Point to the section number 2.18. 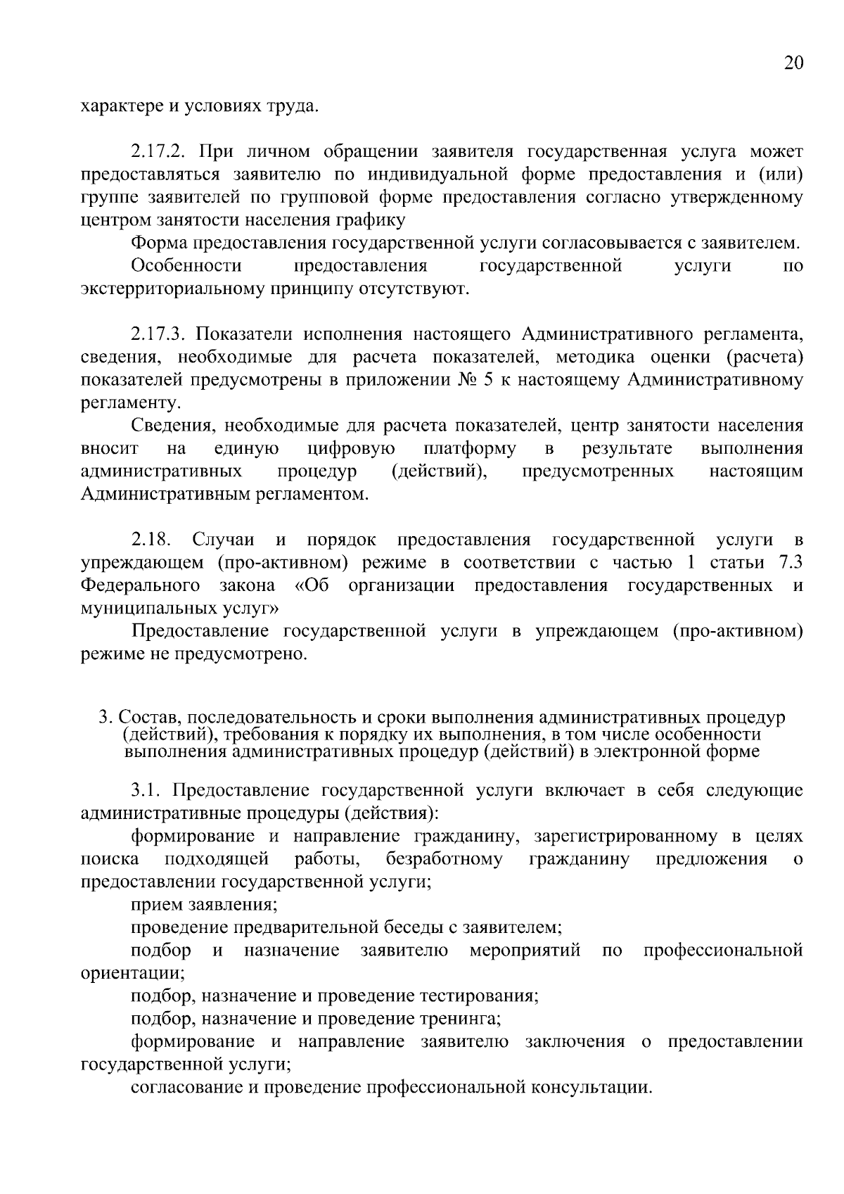tap(151, 540)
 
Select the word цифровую tap(351, 448)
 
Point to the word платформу tap(470, 448)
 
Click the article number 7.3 tap(788, 563)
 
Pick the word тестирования tap(479, 996)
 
